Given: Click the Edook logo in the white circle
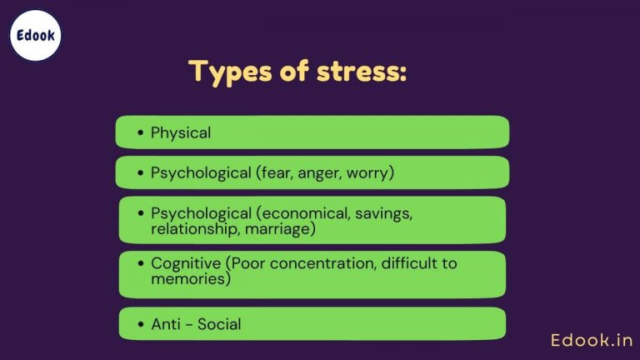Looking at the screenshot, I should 35,36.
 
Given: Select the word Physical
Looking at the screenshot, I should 181,132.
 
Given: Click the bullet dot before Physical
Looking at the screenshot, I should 139,132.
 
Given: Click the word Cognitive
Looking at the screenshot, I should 186,263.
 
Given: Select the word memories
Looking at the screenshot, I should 185,278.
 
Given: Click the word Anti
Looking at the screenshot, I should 165,324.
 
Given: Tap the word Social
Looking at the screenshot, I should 218,324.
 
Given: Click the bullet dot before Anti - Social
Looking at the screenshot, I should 139,324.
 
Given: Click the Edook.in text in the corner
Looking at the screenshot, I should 592,340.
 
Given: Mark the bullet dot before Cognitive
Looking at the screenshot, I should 139,264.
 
